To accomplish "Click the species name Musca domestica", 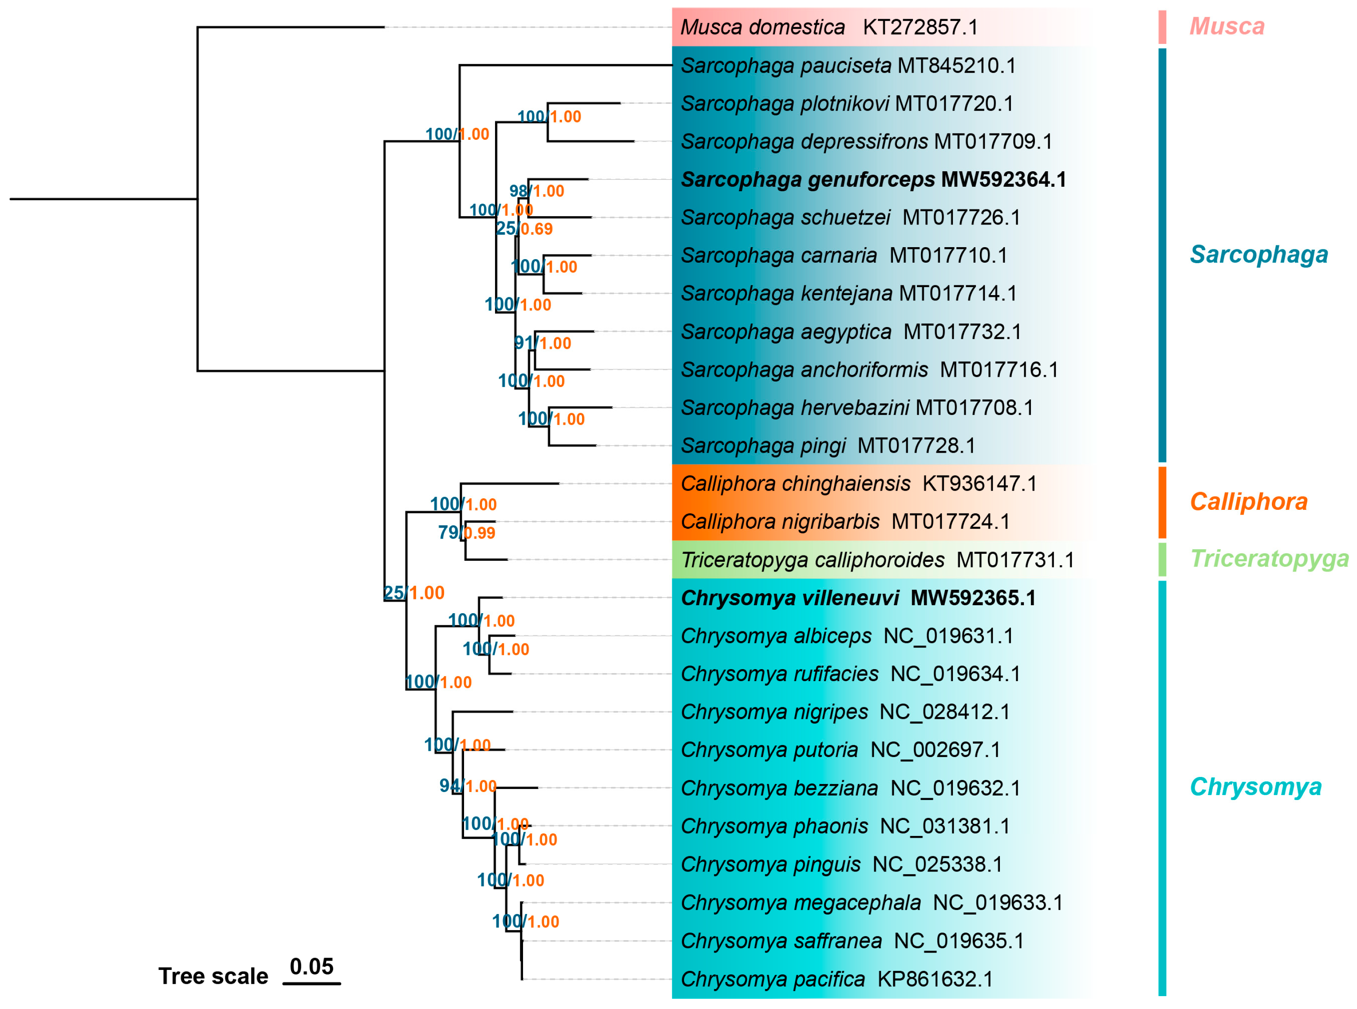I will tap(762, 28).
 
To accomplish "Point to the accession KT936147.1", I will tap(979, 484).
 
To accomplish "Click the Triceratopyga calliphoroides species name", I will tap(812, 560).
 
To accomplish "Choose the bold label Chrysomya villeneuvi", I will tap(789, 599).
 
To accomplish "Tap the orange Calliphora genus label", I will tap(1248, 502).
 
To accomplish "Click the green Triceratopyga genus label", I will tap(1269, 559).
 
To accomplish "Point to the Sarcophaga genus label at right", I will tap(1258, 255).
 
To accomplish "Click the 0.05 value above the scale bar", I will tap(311, 967).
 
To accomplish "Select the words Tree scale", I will tap(213, 977).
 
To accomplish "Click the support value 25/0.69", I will tap(524, 229).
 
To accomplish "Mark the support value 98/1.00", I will tap(536, 191).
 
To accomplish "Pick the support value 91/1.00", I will tap(542, 343).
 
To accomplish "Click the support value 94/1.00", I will tap(468, 786).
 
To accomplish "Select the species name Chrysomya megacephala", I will tap(800, 903).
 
